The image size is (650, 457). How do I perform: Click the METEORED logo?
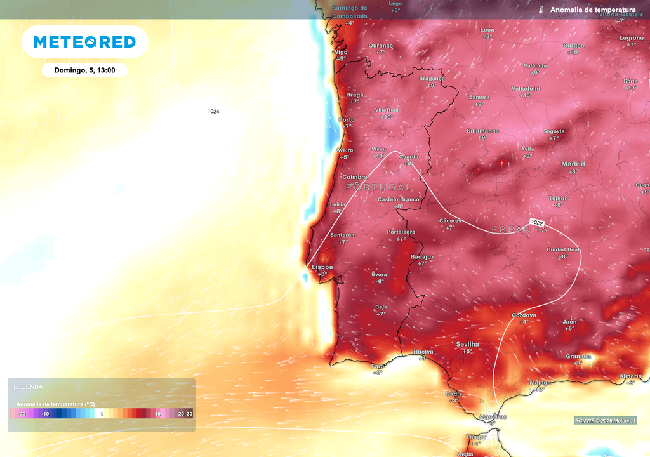coord(84,42)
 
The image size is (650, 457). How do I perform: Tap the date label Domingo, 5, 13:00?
coord(85,70)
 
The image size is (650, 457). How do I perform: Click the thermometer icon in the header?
coord(540,10)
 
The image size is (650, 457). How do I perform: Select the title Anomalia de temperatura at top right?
coord(592,10)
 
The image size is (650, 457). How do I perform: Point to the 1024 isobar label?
coord(213,112)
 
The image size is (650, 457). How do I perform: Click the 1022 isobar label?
coord(537,223)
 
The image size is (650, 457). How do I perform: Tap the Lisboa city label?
coord(322,267)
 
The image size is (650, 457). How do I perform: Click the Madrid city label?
coord(573,164)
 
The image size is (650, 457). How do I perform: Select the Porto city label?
coord(347,119)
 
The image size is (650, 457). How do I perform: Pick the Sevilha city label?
coord(467,344)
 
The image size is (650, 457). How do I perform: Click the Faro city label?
coord(378,366)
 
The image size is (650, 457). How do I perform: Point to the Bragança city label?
coord(432,79)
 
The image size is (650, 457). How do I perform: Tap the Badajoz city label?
coord(422,256)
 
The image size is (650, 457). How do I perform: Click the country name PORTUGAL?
coord(379,188)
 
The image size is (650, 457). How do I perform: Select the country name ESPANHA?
coord(520,230)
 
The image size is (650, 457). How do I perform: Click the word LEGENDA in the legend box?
coord(29,387)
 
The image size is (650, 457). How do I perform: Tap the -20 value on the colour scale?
coord(22,414)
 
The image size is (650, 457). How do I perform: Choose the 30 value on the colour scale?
coord(189,414)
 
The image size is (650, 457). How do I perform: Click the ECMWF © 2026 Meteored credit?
coord(605,421)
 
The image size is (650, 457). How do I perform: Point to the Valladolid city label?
coord(526,89)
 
